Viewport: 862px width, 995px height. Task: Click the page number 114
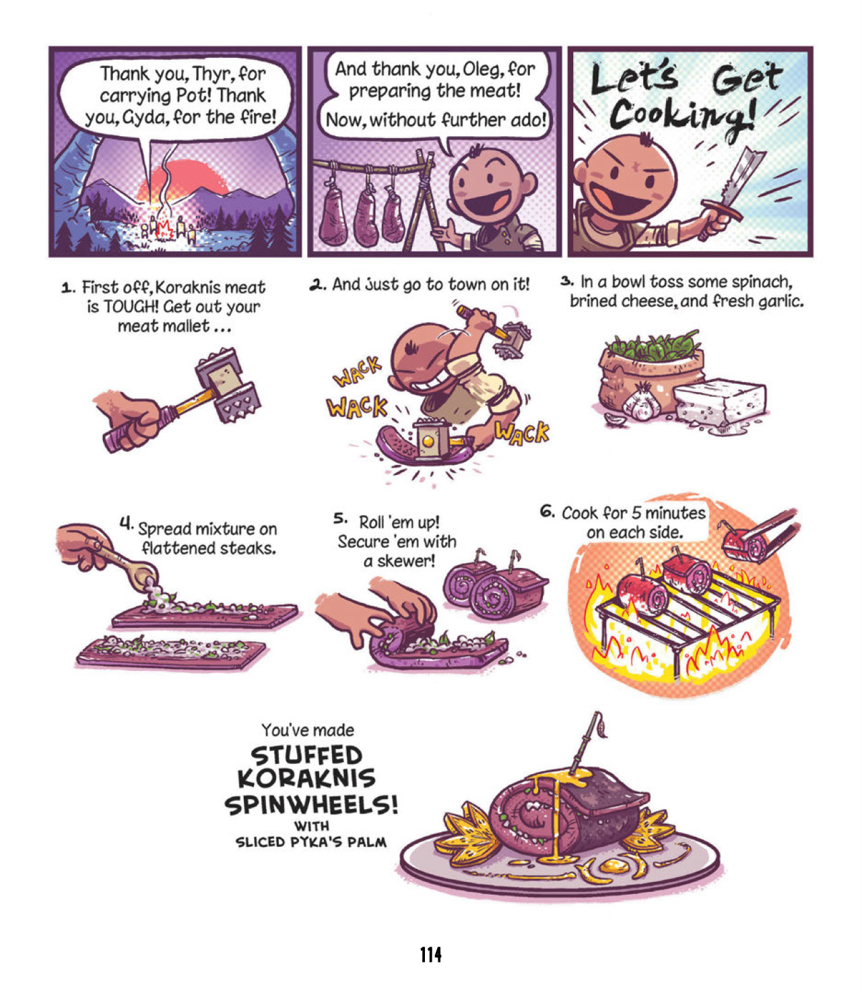[431, 954]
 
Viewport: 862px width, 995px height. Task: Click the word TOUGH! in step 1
[129, 307]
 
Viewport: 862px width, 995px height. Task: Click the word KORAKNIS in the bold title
[306, 778]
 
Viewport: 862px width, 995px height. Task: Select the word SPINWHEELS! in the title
[311, 804]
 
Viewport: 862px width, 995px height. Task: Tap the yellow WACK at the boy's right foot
[522, 432]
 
